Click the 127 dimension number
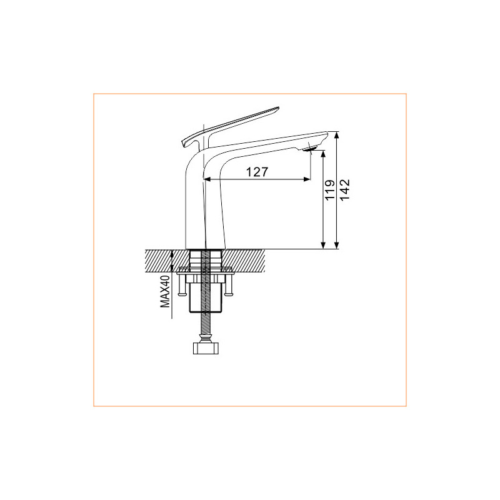tap(257, 172)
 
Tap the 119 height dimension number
tap(330, 190)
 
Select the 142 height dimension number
tap(345, 190)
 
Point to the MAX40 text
tap(165, 292)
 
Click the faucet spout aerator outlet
tap(310, 149)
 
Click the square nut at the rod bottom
tap(206, 348)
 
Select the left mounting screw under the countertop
tap(181, 286)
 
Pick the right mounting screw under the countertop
tap(228, 286)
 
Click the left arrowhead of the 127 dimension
tap(207, 179)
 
